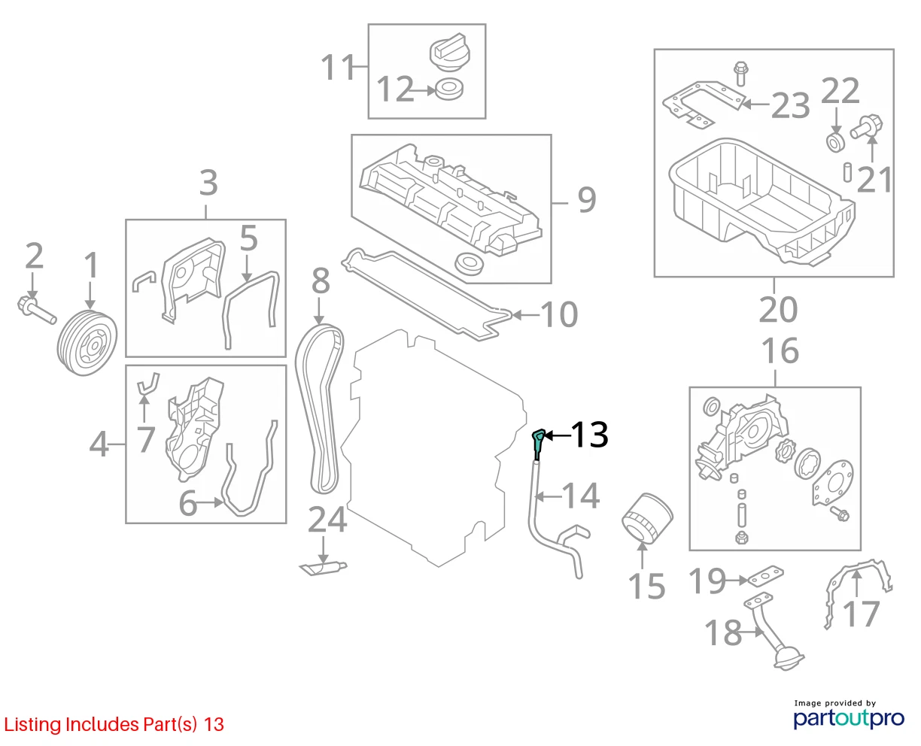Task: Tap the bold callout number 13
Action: pyautogui.click(x=589, y=435)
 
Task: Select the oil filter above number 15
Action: pyautogui.click(x=647, y=518)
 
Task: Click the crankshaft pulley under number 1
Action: pyautogui.click(x=87, y=342)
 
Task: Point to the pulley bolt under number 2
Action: pyautogui.click(x=37, y=310)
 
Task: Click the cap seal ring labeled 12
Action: pyautogui.click(x=449, y=89)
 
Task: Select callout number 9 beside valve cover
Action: pyautogui.click(x=587, y=200)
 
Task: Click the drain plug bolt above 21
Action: pyautogui.click(x=866, y=127)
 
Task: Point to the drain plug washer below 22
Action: pyautogui.click(x=835, y=143)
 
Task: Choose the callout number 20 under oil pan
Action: pyautogui.click(x=778, y=310)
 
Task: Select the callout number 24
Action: pyautogui.click(x=327, y=520)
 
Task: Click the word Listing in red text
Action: pyautogui.click(x=33, y=725)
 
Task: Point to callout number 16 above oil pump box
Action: pyautogui.click(x=780, y=350)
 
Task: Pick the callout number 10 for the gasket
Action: pyautogui.click(x=558, y=314)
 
